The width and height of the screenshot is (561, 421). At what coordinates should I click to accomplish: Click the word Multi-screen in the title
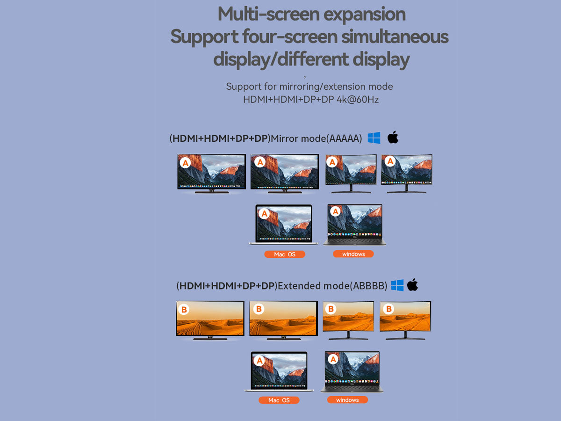point(268,14)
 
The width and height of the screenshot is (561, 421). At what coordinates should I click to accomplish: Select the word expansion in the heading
point(365,15)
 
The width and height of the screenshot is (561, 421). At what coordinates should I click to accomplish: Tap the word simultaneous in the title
point(395,36)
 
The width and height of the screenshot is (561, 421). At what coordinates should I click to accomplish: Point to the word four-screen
point(290,36)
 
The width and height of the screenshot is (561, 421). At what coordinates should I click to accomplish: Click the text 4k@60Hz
point(358,100)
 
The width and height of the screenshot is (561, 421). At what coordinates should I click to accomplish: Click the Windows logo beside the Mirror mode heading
point(374,138)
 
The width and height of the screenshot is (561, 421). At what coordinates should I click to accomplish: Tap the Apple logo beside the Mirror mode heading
point(393,137)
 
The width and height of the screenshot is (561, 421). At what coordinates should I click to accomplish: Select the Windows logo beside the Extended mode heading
point(397,285)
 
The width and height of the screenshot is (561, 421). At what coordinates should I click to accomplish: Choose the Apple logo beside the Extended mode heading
point(412,285)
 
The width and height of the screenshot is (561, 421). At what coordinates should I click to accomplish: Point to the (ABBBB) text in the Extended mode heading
point(368,286)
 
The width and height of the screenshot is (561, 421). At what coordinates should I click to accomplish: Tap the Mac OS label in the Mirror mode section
point(285,254)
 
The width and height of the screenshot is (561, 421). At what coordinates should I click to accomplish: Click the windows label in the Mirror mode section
point(353,254)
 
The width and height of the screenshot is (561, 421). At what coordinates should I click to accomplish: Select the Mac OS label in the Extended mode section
point(279,400)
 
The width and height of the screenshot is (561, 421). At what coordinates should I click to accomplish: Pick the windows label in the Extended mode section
point(347,400)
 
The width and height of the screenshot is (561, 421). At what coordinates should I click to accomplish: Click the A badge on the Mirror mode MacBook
point(264,214)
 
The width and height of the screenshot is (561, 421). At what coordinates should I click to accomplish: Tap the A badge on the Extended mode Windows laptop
point(333,360)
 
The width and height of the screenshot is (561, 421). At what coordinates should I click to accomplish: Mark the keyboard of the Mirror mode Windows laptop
point(355,240)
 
